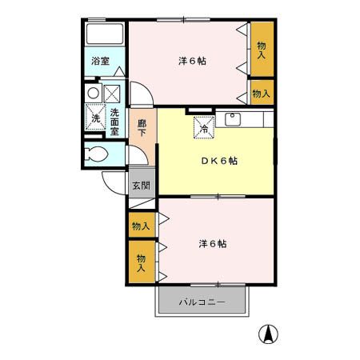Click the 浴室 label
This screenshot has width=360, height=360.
[100, 61]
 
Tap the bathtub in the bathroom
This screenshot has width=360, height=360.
[105, 34]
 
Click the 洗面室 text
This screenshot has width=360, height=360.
[115, 122]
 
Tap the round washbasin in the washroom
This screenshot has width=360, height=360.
[94, 93]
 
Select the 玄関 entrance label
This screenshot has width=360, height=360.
[141, 185]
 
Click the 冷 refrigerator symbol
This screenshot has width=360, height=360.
[203, 126]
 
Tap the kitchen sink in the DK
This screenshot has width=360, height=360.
[234, 121]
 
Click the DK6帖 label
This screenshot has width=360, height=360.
[218, 160]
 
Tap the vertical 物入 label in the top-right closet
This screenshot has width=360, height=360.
[261, 50]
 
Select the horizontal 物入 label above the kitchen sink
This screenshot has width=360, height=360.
[261, 94]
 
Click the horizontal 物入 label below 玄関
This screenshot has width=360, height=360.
[141, 226]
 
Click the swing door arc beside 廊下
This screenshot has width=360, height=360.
[138, 94]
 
